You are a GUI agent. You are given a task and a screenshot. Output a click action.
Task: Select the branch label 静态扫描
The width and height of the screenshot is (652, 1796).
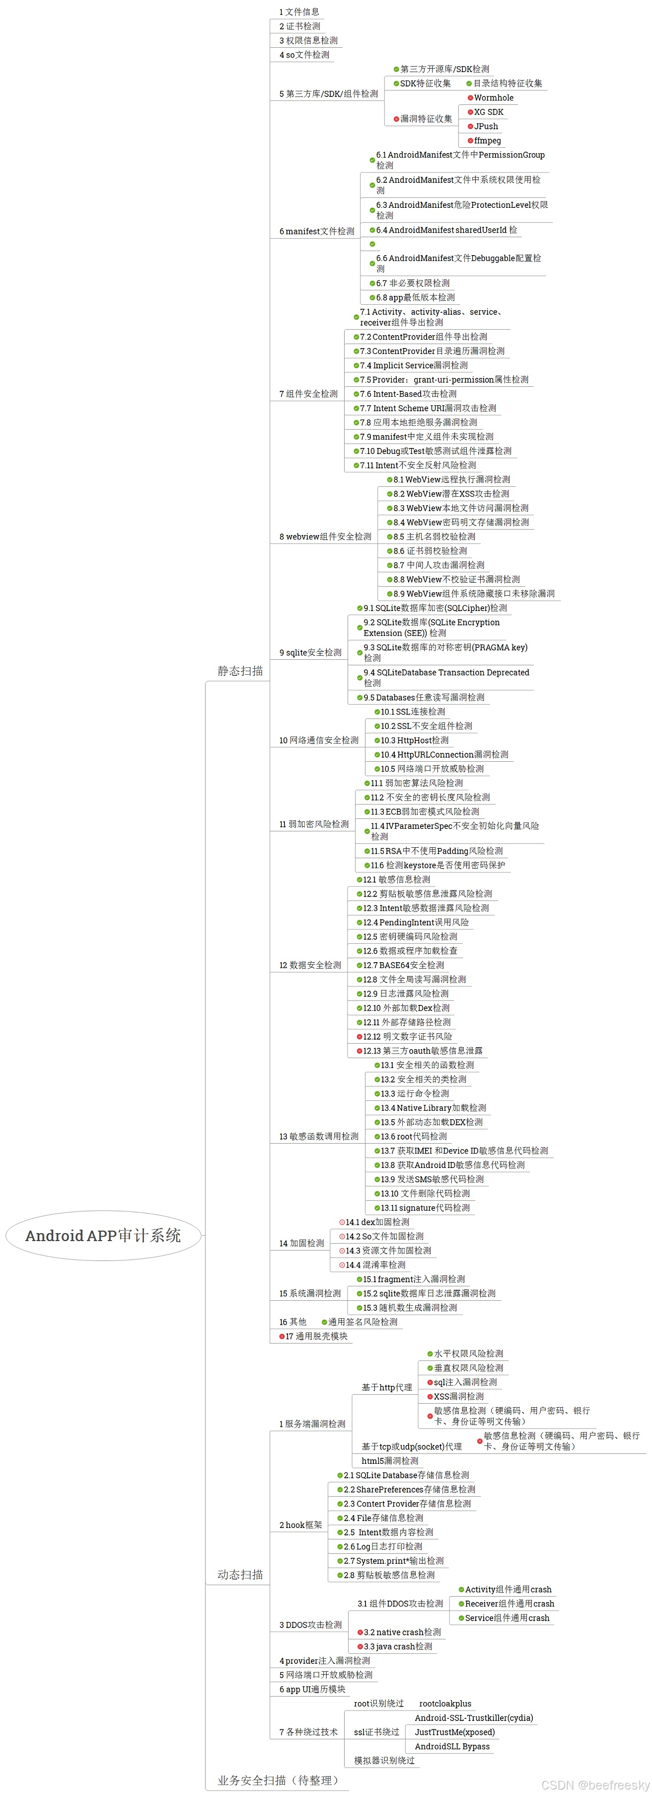[x=240, y=671]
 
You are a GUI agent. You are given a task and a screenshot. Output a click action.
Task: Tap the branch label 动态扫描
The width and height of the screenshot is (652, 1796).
[x=240, y=1574]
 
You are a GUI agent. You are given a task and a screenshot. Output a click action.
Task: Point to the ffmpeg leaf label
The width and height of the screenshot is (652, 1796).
[x=487, y=141]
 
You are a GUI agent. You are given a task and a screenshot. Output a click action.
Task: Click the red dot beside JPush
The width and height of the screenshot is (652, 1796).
[x=470, y=126]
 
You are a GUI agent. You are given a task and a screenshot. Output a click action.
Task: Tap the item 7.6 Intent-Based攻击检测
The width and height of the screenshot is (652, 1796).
[x=408, y=394]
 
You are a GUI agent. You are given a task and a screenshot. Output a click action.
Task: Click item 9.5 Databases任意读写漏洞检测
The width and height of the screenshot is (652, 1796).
[x=424, y=697]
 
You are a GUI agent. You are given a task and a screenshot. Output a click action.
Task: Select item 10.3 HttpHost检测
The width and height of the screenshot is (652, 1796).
[x=415, y=740]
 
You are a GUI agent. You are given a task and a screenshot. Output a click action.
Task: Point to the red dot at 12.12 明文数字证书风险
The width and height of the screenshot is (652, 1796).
[x=360, y=1037]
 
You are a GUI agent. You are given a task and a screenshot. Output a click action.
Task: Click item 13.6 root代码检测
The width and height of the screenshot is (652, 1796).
[x=414, y=1137]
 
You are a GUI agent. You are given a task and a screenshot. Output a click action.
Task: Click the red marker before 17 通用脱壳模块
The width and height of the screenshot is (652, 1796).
[x=282, y=1337]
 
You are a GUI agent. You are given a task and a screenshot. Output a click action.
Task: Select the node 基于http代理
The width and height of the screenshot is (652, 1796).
[x=387, y=1387]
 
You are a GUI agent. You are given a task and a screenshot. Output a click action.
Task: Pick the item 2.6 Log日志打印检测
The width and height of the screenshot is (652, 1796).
[x=382, y=1546]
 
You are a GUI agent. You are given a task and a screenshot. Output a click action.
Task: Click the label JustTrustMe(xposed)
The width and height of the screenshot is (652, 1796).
[x=454, y=1732]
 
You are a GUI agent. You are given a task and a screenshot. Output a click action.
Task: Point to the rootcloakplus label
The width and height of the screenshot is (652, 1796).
[x=445, y=1704]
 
